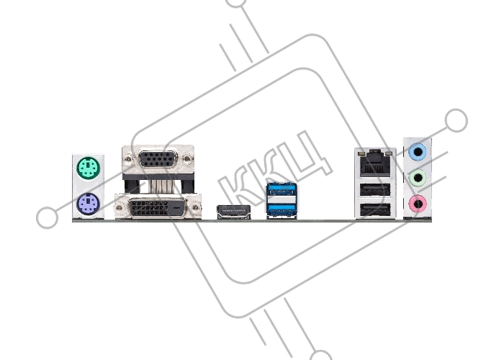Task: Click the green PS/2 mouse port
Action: click(89, 168)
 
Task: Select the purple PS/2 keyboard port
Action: click(89, 204)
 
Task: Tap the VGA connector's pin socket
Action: click(158, 159)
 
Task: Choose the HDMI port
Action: click(234, 212)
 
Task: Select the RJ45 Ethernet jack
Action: click(375, 164)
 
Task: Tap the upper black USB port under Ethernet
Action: click(375, 190)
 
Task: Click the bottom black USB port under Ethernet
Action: click(375, 210)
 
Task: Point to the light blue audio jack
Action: click(418, 151)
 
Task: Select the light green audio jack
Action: click(418, 178)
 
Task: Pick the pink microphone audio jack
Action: click(418, 204)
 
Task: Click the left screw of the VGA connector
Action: click(129, 159)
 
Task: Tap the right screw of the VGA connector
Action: click(187, 159)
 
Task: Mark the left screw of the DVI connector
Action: click(120, 208)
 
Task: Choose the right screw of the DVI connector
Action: click(195, 208)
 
